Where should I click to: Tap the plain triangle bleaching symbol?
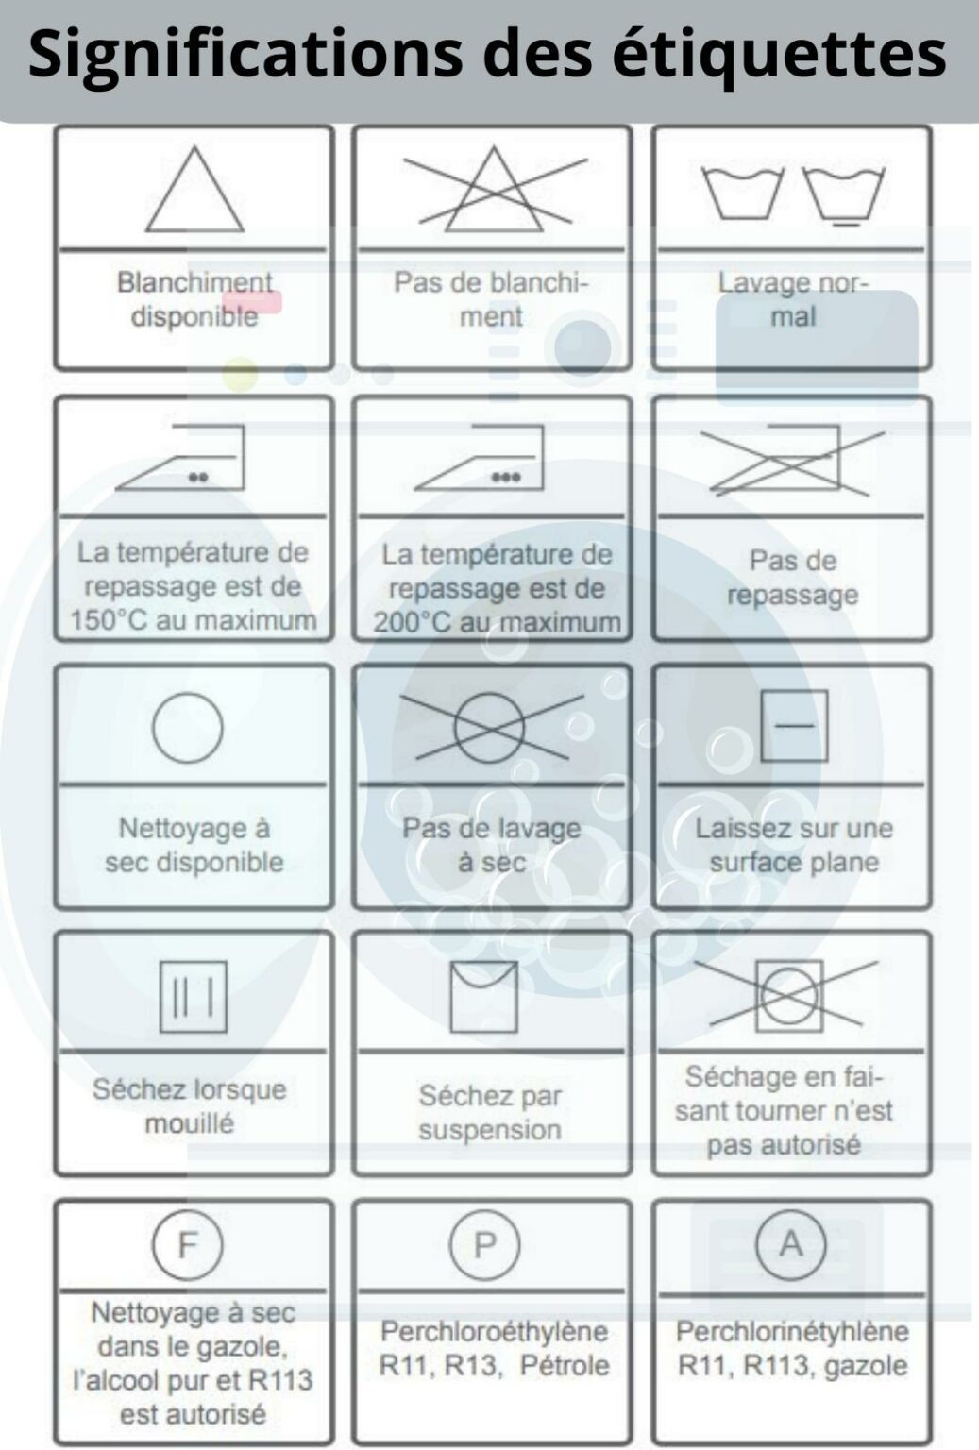pyautogui.click(x=194, y=192)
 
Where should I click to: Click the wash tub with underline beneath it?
pyautogui.click(x=844, y=195)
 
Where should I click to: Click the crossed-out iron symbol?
pyautogui.click(x=791, y=460)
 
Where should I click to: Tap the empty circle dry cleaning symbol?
pyautogui.click(x=188, y=728)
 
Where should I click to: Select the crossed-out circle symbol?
pyautogui.click(x=489, y=728)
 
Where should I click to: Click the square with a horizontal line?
pyautogui.click(x=794, y=726)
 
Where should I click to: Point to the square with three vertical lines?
pyautogui.click(x=193, y=996)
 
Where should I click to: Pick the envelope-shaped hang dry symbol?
pyautogui.click(x=483, y=996)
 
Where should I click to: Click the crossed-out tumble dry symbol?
pyautogui.click(x=789, y=996)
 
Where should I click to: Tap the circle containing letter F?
pyautogui.click(x=188, y=1245)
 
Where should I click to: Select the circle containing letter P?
pyautogui.click(x=484, y=1245)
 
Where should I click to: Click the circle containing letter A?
pyautogui.click(x=790, y=1244)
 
